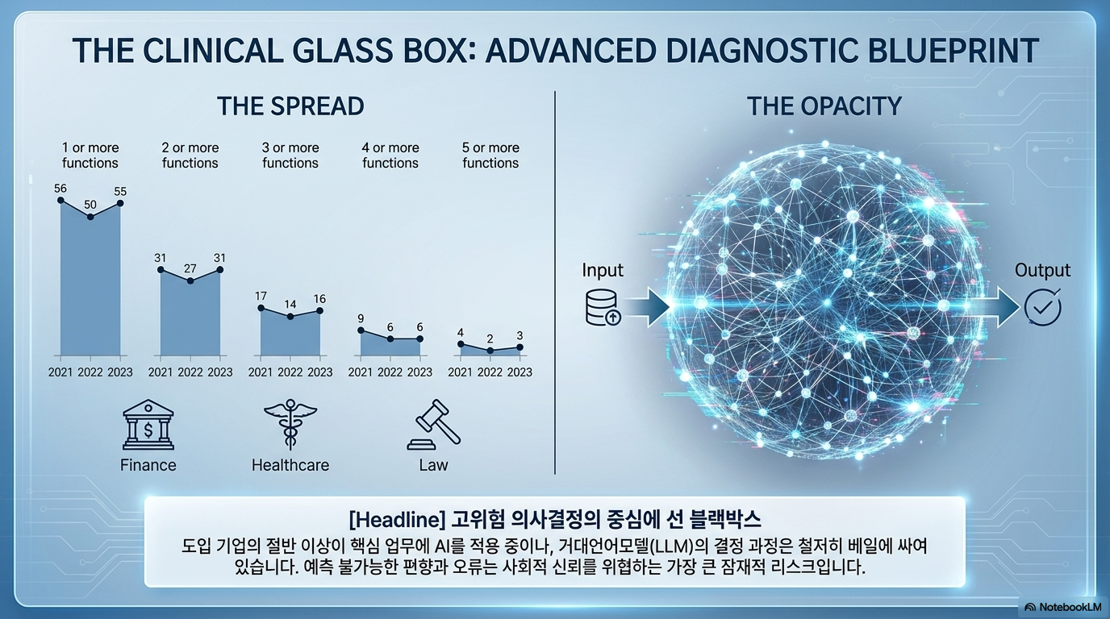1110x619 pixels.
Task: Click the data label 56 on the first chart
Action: point(61,188)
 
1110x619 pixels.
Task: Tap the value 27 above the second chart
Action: point(190,268)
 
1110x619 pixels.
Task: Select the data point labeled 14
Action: point(290,316)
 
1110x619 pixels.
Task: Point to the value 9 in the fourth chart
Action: point(361,318)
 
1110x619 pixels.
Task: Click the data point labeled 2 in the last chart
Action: point(490,350)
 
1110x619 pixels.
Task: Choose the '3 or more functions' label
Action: point(290,155)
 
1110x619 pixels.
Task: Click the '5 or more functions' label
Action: point(490,155)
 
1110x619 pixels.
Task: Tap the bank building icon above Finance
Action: point(148,425)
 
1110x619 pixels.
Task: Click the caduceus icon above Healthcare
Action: point(290,425)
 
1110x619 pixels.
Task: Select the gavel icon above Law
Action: point(434,425)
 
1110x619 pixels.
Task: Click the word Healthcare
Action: point(290,465)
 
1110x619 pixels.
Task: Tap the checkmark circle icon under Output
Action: point(1042,308)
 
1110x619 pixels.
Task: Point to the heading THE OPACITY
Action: point(824,106)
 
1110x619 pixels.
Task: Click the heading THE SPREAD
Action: point(290,106)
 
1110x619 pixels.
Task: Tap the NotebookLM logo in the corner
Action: point(1062,607)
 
